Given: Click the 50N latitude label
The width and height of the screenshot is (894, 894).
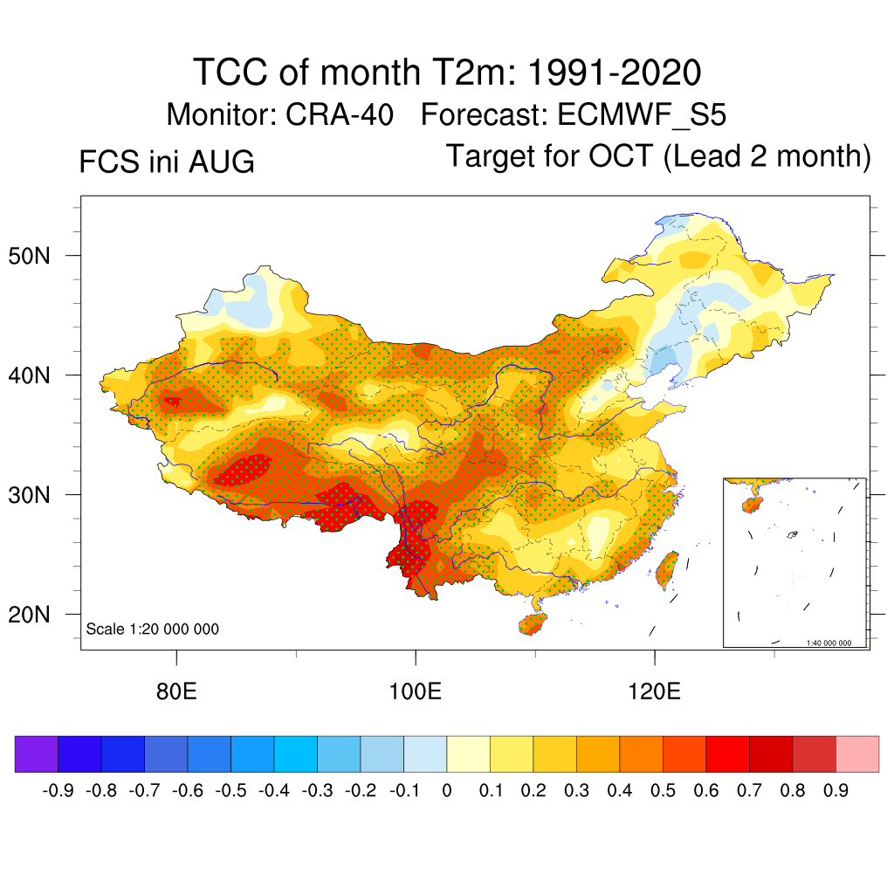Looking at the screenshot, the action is (29, 256).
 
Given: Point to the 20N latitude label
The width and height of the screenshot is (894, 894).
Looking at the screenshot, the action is (29, 615).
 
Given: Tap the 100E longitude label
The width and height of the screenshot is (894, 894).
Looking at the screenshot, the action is (415, 691).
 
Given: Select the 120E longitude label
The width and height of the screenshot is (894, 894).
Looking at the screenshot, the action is (654, 691).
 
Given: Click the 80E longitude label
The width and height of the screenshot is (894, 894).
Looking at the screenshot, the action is (176, 691).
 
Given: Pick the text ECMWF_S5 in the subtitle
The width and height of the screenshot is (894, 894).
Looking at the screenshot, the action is (642, 116).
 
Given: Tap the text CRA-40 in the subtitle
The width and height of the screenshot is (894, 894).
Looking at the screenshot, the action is (340, 114).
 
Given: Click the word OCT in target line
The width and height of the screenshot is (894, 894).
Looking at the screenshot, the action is (621, 155).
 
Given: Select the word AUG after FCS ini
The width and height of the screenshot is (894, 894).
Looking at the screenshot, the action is (221, 162).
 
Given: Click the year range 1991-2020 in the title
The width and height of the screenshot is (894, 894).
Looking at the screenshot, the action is (614, 72).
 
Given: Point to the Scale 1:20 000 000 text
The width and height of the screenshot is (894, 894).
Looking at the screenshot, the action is (152, 629).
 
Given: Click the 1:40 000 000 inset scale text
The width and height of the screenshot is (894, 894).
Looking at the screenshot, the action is (829, 643).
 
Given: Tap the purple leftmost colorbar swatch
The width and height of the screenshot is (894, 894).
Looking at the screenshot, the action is (37, 753).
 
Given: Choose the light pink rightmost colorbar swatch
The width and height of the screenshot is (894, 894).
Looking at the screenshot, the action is (857, 753).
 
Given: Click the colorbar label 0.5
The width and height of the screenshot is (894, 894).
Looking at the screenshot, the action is (663, 791).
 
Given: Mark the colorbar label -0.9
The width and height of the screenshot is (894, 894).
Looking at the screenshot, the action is (58, 791).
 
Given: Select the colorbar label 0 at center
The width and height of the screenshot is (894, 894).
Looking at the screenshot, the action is (446, 791).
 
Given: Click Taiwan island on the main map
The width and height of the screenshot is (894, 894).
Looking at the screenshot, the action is (666, 569).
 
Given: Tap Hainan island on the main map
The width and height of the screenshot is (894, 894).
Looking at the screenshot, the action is (533, 624).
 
